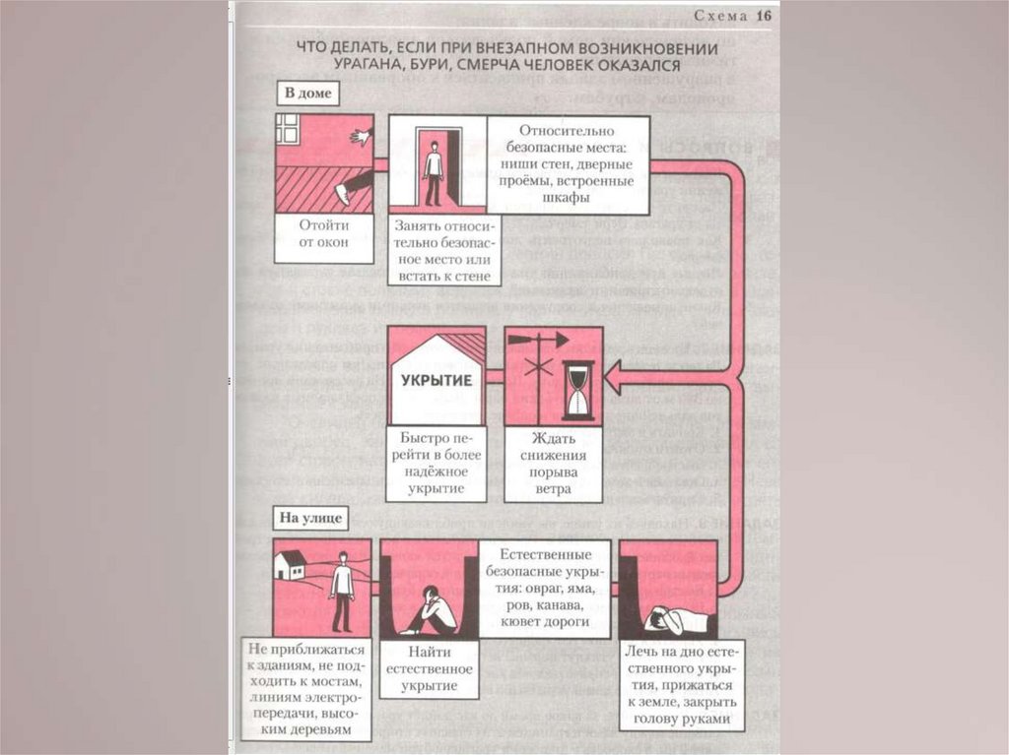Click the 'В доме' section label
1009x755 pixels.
307,94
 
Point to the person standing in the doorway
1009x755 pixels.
433,169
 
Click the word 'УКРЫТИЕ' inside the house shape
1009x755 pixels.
436,379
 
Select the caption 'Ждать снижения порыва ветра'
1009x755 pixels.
553,462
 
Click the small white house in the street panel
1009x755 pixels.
290,565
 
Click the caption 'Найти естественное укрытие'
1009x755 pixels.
428,667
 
